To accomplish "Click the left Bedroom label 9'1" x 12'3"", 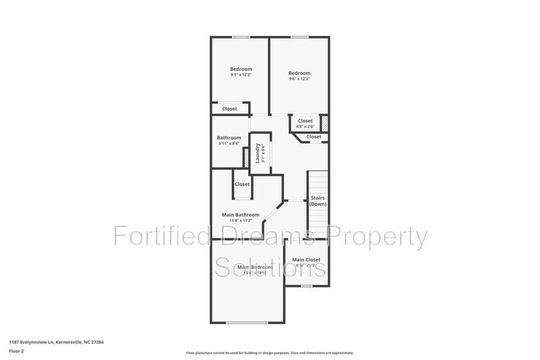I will [240, 72].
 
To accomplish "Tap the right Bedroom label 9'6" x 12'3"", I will [299, 76].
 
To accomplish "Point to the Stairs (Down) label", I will [318, 201].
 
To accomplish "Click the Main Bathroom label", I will [241, 217].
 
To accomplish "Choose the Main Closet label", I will [306, 262].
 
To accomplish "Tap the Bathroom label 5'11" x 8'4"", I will [230, 140].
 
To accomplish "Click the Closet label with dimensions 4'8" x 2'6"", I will [305, 123].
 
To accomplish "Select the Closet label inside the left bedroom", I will [230, 108].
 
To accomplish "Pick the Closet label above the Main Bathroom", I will [242, 184].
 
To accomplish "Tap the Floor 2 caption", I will [16, 352].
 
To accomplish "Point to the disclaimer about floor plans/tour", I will [269, 353].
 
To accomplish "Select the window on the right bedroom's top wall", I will [300, 36].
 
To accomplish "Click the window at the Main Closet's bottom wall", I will [306, 286].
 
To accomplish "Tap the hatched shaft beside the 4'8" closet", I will [324, 124].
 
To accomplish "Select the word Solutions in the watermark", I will [270, 267].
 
